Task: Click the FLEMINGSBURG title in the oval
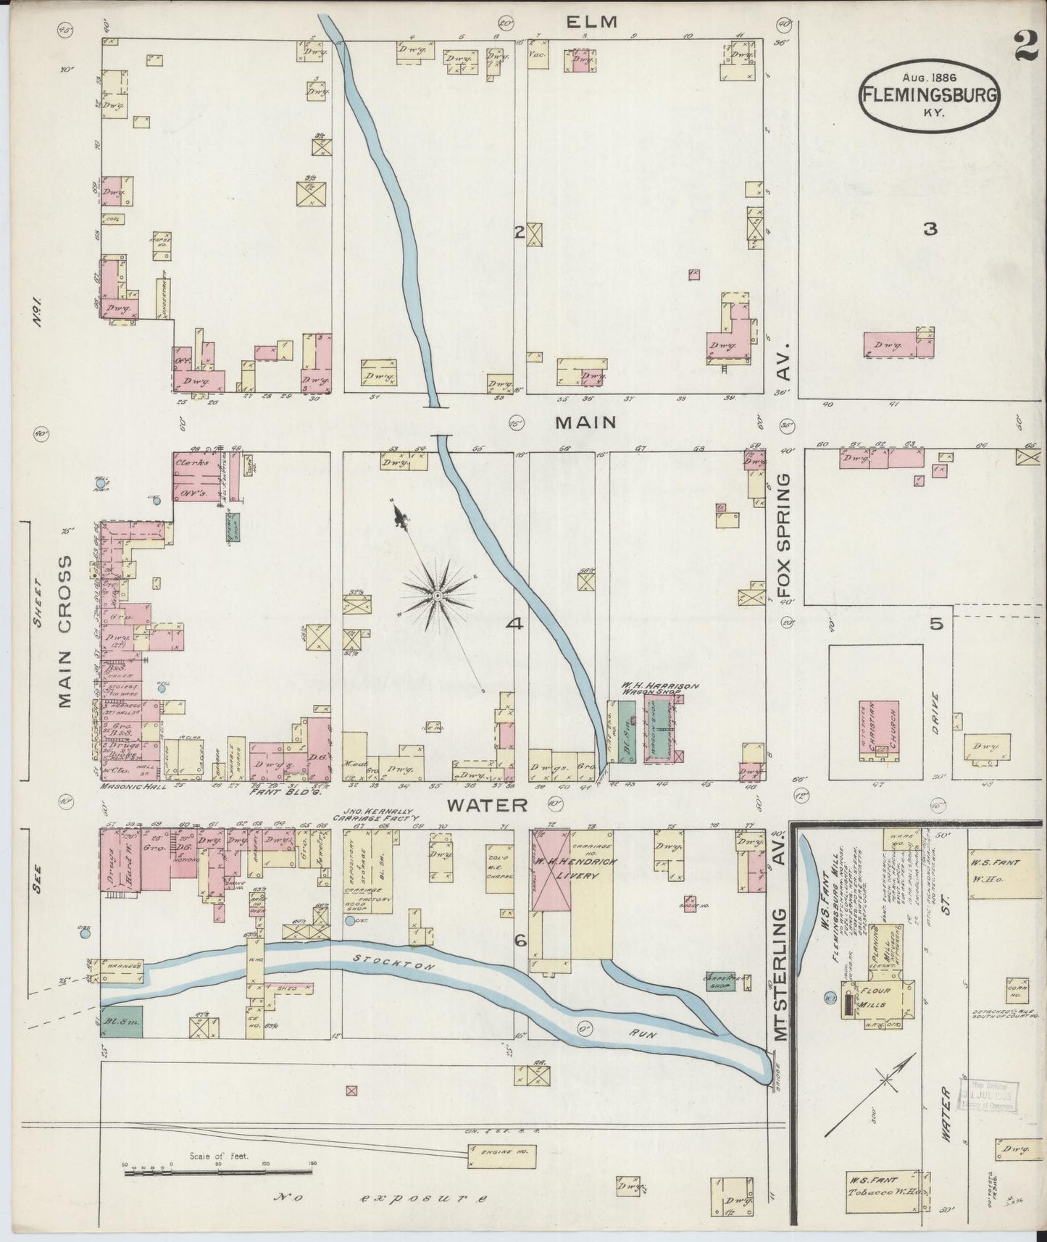930,94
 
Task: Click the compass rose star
438,596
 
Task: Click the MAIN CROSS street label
66,632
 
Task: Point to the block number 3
930,230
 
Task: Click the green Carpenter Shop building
719,982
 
